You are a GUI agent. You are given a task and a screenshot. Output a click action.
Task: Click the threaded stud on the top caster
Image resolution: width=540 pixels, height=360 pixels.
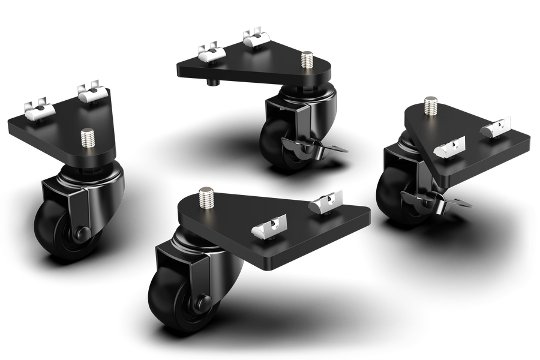point(308,59)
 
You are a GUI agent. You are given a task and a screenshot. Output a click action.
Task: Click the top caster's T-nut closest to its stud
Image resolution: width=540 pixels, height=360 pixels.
point(253,37)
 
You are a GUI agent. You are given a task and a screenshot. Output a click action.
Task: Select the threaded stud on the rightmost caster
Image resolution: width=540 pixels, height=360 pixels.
point(430,106)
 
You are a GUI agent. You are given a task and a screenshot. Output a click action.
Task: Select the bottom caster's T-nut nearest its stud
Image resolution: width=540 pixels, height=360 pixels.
point(265,228)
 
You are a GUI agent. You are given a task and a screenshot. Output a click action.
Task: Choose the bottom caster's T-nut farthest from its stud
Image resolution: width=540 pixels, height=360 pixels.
point(327,203)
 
